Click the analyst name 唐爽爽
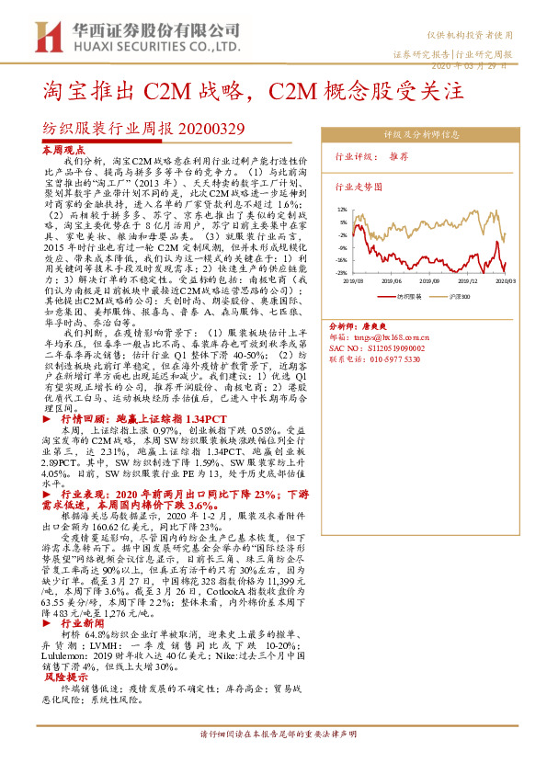point(370,325)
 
